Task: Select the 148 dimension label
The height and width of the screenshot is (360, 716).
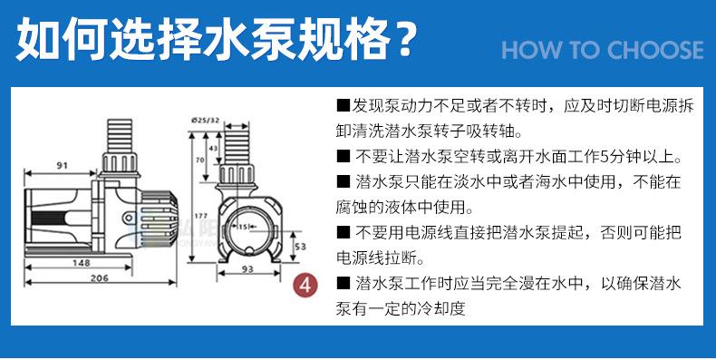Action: [x=82, y=264]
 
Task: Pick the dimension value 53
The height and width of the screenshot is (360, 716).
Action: [x=301, y=246]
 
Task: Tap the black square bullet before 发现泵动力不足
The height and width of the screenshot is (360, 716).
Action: [x=342, y=106]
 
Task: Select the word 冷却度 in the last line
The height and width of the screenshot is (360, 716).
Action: [x=442, y=309]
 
